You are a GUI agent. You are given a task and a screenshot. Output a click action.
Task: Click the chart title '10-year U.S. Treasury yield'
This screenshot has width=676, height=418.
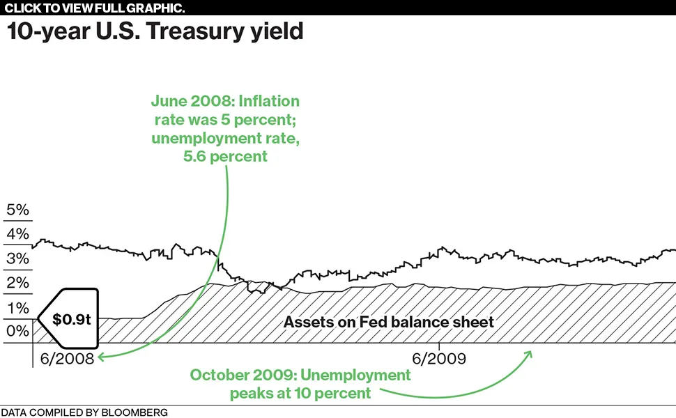point(155,32)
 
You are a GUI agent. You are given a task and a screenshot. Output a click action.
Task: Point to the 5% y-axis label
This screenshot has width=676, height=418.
point(17,210)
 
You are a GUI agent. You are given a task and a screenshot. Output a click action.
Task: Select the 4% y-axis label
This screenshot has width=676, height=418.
point(17,234)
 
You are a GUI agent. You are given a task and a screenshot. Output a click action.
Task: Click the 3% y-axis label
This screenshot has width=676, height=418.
point(17,258)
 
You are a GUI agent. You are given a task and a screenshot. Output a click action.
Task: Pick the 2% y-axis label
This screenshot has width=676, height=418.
point(17,283)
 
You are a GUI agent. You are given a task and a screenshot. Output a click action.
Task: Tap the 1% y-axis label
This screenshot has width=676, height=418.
point(17,307)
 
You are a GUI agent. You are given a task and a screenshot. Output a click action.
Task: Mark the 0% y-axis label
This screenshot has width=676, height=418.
point(17,331)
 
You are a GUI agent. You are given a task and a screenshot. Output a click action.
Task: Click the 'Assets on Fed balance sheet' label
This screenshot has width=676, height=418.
point(389,322)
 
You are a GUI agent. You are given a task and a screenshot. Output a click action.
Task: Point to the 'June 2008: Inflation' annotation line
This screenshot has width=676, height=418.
point(225,101)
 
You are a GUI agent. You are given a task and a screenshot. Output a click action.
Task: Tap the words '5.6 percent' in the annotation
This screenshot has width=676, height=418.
point(225,156)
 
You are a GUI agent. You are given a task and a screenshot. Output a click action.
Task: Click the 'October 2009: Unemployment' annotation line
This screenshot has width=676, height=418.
point(300,376)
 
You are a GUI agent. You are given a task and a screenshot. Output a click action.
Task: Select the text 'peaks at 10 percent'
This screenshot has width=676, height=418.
point(300,394)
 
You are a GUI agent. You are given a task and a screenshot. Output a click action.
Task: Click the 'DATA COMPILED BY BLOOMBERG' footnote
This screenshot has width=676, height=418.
point(84,412)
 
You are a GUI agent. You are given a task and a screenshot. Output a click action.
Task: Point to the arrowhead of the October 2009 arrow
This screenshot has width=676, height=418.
point(529,353)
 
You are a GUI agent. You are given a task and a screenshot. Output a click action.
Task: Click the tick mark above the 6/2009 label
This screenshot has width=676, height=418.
point(439,346)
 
